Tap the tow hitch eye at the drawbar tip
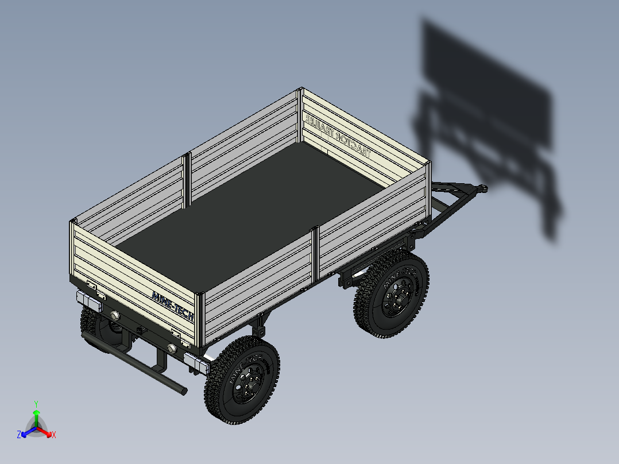483,188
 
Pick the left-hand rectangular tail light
88,300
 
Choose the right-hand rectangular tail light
195,363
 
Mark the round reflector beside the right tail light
171,348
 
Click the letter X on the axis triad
53,435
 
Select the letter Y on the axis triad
36,404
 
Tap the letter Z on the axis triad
19,435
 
